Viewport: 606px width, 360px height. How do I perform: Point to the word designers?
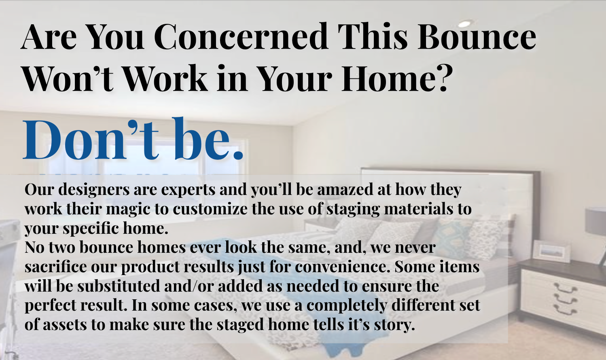[x=94, y=190]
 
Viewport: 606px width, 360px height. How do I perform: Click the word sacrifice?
[x=55, y=267]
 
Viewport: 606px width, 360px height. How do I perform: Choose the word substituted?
[x=119, y=286]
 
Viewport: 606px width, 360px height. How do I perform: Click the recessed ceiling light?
[x=464, y=24]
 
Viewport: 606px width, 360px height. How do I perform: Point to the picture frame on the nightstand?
[x=551, y=252]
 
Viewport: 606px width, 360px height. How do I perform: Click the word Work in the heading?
[x=165, y=78]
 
